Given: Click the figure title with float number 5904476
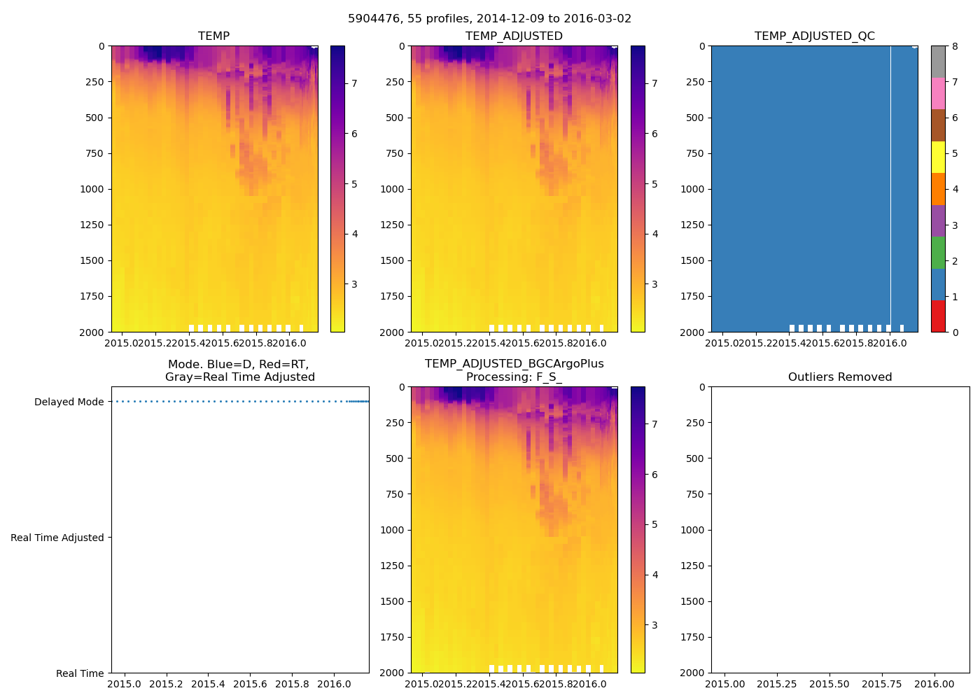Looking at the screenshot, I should coord(489,19).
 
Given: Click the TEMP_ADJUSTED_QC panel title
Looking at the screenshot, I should coord(814,36).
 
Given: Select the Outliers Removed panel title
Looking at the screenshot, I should coord(840,377).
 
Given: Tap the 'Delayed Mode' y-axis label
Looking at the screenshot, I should coord(69,402).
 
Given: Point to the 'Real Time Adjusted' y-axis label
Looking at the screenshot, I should coord(57,538).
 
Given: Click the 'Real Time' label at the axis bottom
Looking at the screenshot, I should coord(80,673).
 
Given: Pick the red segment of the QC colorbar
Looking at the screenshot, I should coord(938,316).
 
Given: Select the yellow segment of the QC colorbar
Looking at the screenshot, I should coord(938,157).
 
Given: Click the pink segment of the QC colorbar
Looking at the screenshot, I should coord(938,93).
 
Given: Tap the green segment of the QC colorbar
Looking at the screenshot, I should coord(938,252).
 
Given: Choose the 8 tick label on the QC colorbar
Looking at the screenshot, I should coord(955,47).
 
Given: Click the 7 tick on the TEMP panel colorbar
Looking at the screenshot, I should coord(354,83).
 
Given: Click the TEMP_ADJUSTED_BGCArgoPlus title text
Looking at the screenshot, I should coord(514,364).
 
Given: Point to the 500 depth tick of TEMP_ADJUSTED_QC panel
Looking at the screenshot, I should coord(695,118).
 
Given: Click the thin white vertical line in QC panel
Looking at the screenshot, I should coord(890,189).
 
